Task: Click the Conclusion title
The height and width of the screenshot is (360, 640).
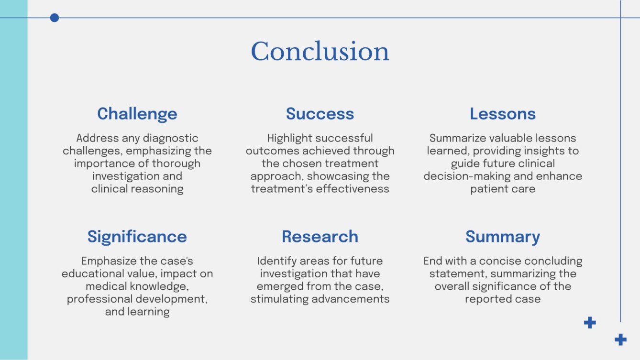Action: tap(320, 52)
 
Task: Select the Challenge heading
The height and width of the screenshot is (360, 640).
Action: tap(137, 114)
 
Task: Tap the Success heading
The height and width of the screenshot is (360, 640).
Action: tap(320, 114)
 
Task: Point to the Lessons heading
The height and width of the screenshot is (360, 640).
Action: tap(503, 114)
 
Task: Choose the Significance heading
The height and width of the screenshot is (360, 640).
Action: tap(137, 237)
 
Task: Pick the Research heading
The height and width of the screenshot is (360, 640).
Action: tap(320, 237)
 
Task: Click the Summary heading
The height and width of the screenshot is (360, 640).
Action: tap(503, 237)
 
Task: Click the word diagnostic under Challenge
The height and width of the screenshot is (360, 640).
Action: tap(171, 138)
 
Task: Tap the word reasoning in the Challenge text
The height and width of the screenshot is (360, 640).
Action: tap(156, 188)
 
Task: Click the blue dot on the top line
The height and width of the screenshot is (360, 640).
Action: tap(55, 18)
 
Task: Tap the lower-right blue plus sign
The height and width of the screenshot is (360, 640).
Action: tap(620, 340)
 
